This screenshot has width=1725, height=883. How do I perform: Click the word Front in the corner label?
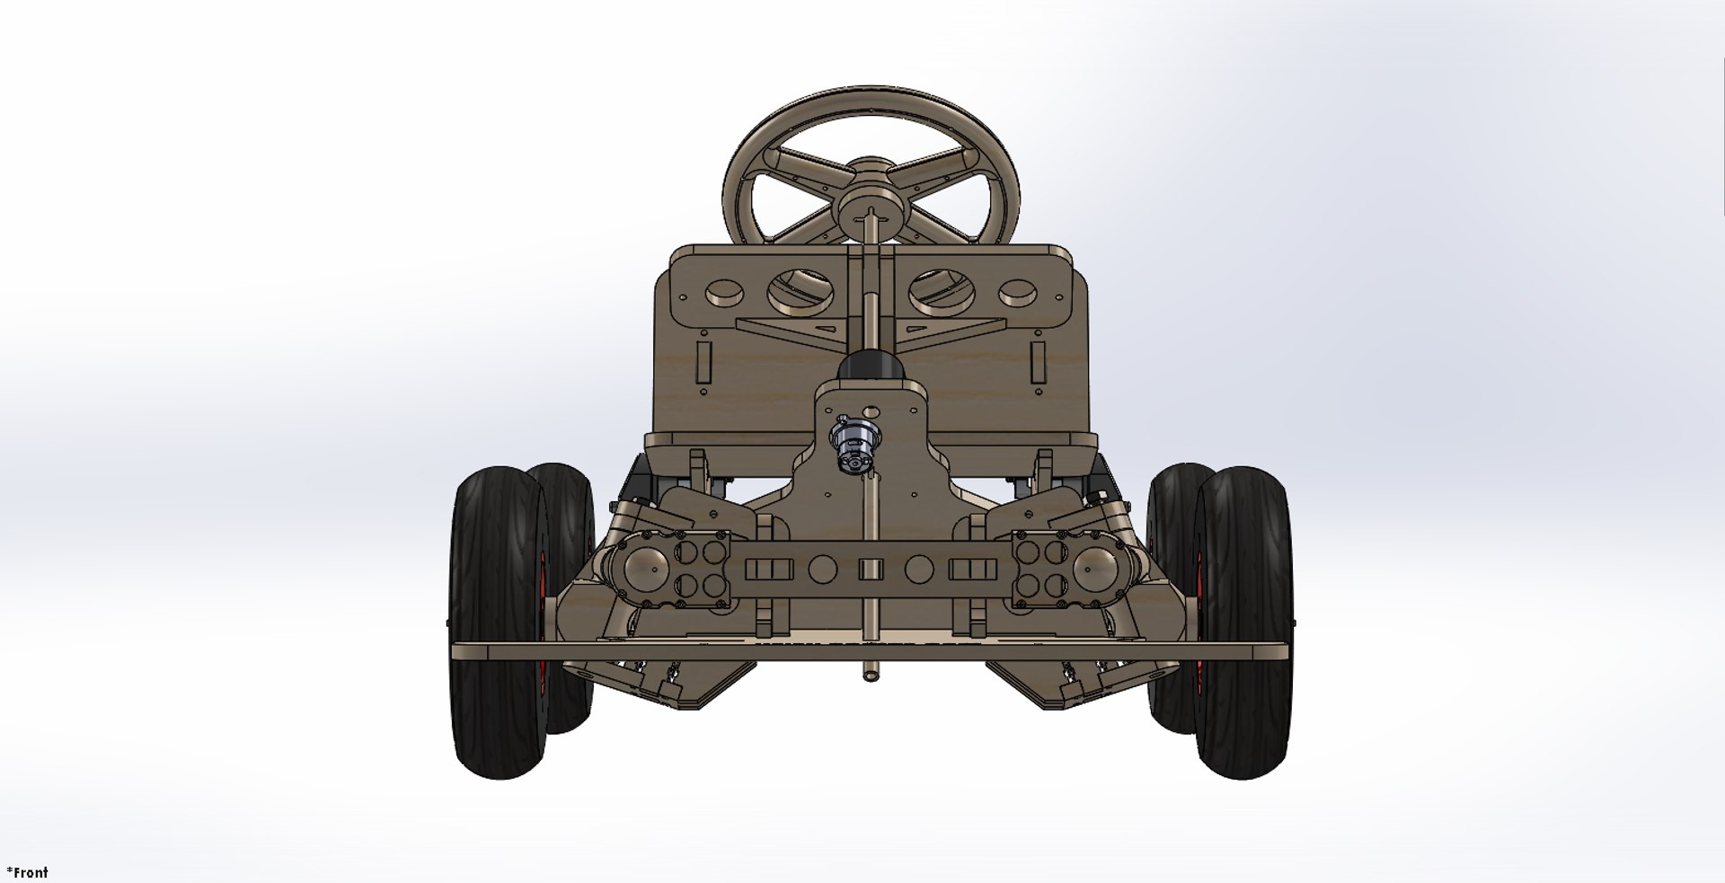(31, 871)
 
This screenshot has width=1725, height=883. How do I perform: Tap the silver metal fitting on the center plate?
(851, 444)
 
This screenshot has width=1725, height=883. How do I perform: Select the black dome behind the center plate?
(870, 366)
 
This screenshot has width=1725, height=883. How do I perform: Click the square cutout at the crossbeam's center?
(869, 569)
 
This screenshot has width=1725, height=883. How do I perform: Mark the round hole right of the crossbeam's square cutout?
(918, 569)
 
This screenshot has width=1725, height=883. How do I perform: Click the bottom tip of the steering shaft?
(870, 676)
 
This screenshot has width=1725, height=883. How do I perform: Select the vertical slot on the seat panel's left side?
(703, 360)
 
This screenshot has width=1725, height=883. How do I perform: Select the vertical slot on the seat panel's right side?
(1039, 360)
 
